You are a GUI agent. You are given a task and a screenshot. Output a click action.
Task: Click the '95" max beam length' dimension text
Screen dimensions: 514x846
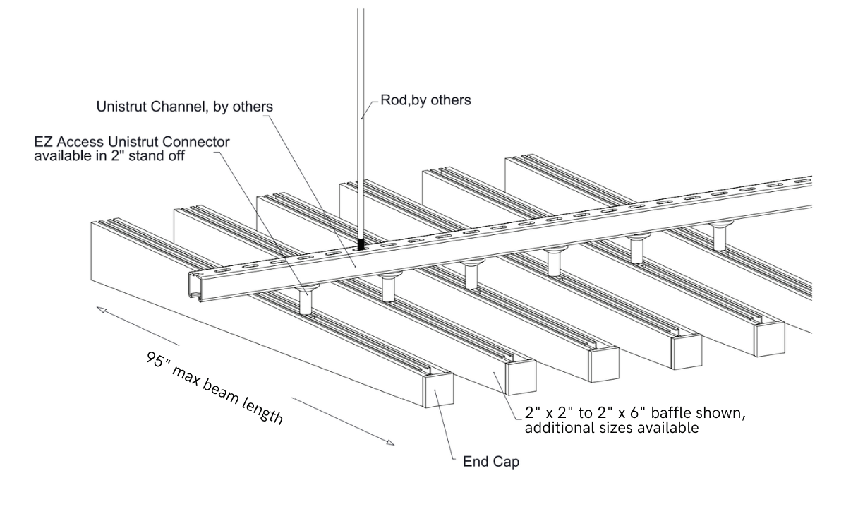tap(214, 388)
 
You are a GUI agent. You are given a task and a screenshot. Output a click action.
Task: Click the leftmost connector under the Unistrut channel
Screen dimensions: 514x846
tap(306, 301)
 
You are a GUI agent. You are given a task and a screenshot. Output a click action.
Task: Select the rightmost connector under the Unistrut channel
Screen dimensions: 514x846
tap(719, 235)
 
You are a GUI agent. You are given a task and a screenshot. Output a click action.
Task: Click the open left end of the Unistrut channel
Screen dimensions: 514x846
tap(194, 286)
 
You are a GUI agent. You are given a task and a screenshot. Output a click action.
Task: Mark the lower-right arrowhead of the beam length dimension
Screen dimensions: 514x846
tap(390, 443)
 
